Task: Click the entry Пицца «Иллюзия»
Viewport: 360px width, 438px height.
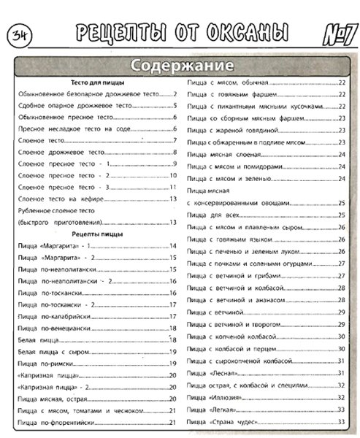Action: click(x=215, y=396)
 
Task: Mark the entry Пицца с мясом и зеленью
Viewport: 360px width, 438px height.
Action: click(x=226, y=178)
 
